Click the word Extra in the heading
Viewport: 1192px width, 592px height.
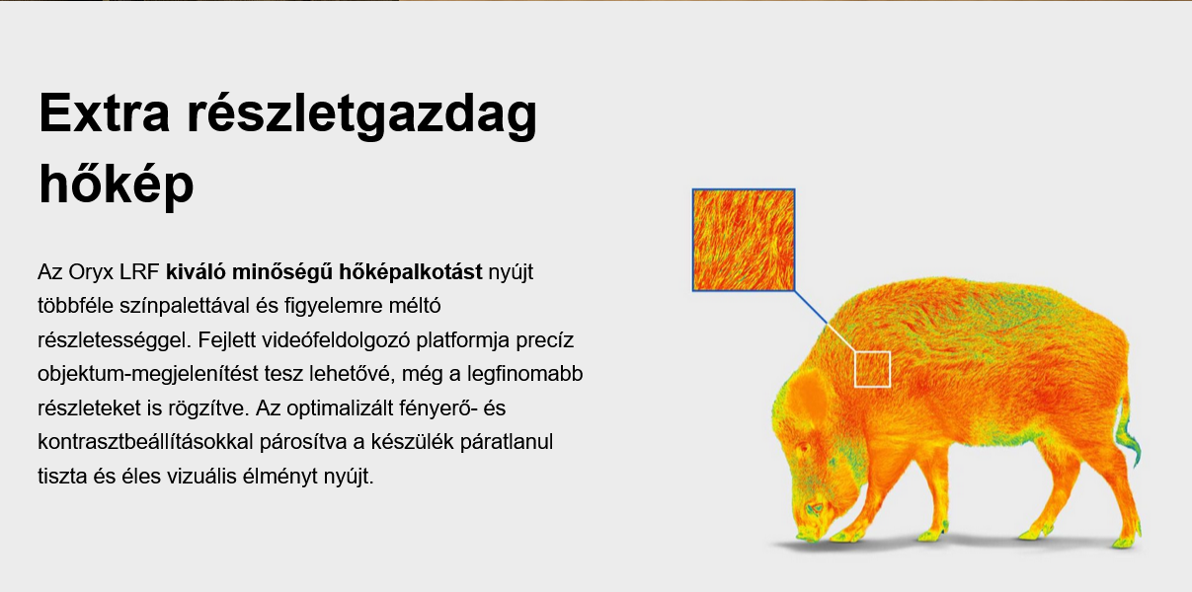pos(105,113)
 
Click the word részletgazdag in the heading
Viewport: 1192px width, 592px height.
pos(362,115)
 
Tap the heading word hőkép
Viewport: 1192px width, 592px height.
pos(116,184)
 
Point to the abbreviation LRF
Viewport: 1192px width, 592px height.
pos(139,272)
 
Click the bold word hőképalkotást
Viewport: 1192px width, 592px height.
pos(411,272)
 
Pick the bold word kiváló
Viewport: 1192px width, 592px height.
pos(196,271)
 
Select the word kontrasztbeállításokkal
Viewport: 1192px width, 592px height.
pos(145,442)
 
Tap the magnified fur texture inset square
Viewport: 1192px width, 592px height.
pos(744,240)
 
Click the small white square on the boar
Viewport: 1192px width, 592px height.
pos(872,369)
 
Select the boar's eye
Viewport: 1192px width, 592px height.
pos(802,450)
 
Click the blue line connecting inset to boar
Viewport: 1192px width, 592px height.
pos(811,307)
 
